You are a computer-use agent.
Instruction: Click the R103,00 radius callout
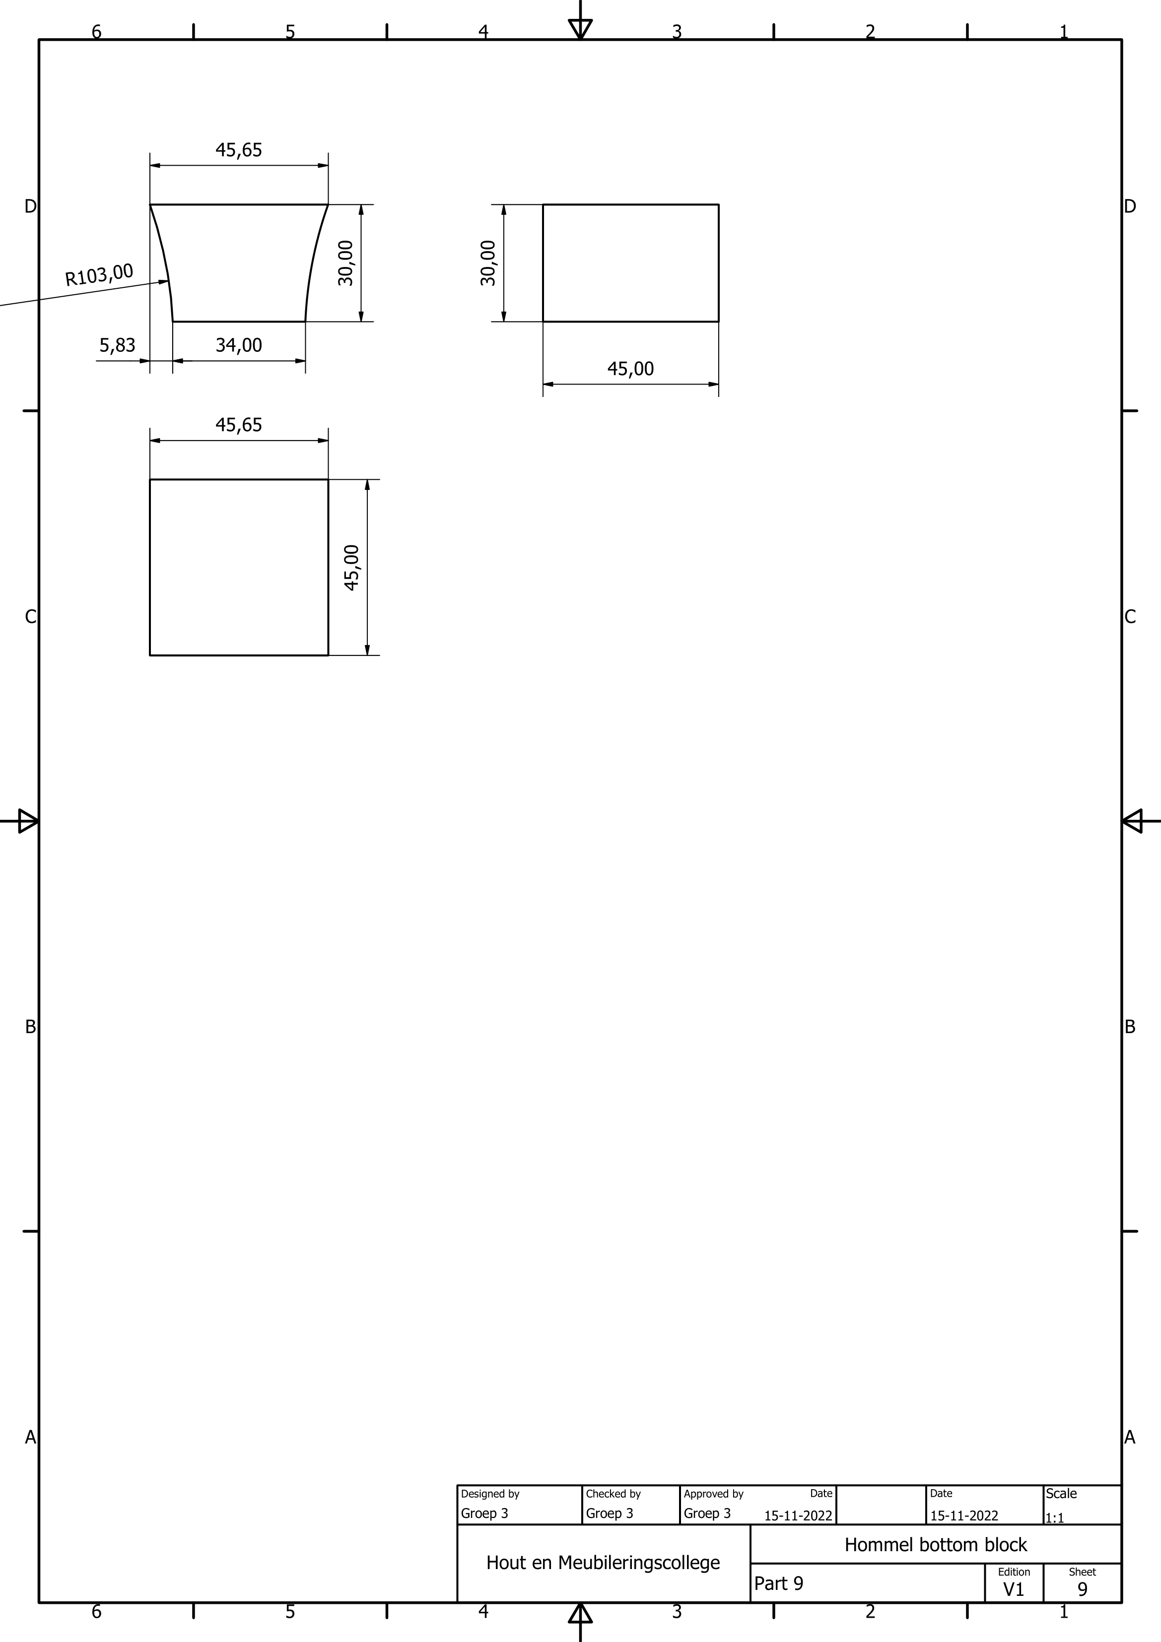point(99,274)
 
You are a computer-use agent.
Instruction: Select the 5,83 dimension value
point(117,345)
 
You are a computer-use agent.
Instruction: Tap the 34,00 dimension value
point(239,345)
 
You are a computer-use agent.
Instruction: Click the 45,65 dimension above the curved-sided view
point(239,150)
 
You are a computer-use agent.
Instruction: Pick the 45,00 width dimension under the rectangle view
point(630,369)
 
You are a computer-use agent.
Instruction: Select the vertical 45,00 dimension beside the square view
point(352,568)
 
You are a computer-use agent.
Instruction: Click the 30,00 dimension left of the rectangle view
point(488,263)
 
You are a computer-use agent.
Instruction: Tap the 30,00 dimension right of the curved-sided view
point(346,263)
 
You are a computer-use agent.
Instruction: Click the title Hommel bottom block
point(935,1545)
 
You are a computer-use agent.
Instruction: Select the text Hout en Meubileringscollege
point(603,1563)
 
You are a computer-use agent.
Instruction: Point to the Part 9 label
point(778,1583)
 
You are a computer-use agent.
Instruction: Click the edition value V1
point(1014,1589)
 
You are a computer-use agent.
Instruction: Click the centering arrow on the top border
point(580,29)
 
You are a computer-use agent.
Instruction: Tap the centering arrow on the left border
point(28,821)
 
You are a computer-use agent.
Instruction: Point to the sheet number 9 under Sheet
point(1082,1589)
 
